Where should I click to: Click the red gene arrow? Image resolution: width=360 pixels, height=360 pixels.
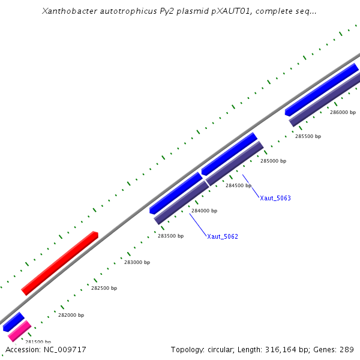coord(60,263)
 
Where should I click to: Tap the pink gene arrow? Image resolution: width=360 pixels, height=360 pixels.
coord(19,331)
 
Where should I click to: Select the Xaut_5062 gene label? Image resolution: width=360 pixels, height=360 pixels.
coord(223,236)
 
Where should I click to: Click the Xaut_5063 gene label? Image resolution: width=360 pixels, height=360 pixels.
coord(275,198)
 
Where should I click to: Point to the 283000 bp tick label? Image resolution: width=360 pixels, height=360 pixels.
coord(137,262)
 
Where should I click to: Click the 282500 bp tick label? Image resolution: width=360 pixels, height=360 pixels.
coord(104,288)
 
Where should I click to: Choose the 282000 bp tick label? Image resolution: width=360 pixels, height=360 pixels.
coord(71,315)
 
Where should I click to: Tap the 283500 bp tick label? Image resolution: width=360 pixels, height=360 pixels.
coord(170,236)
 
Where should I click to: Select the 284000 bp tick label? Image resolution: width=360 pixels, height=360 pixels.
coord(204,211)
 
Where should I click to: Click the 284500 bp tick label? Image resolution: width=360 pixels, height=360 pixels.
coord(238,185)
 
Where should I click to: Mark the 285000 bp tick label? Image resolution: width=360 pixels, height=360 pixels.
coord(273,161)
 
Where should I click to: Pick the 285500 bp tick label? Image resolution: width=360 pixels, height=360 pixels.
coord(308,136)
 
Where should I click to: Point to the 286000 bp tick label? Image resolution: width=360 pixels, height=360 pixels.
coord(343,112)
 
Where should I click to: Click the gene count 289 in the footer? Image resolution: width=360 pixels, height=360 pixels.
coord(347,349)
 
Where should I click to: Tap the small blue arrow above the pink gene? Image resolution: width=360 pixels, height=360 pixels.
coord(13,322)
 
